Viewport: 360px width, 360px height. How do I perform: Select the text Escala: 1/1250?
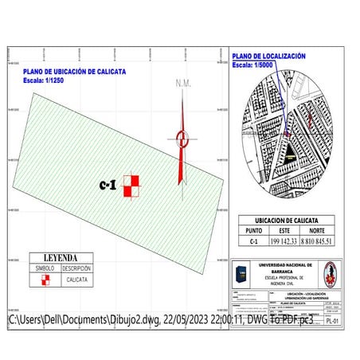pos(45,80)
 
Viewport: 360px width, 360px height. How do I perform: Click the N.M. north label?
pos(182,84)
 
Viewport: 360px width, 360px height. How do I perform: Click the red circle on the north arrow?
pos(182,137)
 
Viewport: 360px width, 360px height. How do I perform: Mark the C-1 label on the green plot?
pos(108,185)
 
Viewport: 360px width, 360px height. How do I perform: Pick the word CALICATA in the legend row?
pos(77,280)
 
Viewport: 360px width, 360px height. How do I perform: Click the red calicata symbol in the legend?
pos(45,280)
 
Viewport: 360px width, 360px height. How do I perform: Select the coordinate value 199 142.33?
pos(284,241)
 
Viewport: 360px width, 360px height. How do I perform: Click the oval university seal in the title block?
pos(328,275)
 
